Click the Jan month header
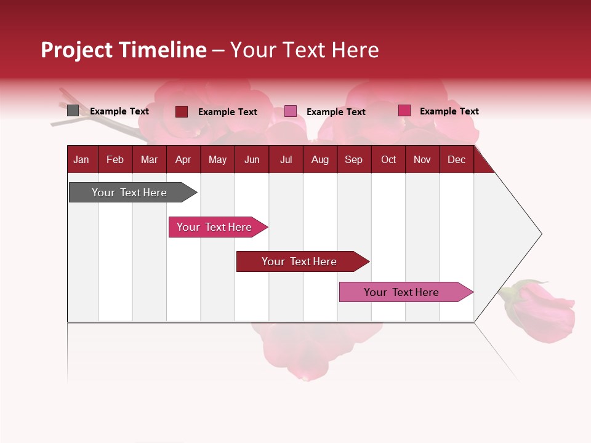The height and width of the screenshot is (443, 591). pyautogui.click(x=82, y=159)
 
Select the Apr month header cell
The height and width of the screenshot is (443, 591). pyautogui.click(x=183, y=159)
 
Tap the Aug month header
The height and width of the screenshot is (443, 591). pyautogui.click(x=320, y=159)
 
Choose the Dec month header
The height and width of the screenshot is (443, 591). pyautogui.click(x=456, y=159)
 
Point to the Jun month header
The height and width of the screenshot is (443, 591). pyautogui.click(x=252, y=159)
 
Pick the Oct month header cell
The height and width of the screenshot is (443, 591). pyautogui.click(x=388, y=159)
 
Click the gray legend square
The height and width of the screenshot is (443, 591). pyautogui.click(x=73, y=111)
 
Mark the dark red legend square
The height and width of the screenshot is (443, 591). pyautogui.click(x=182, y=111)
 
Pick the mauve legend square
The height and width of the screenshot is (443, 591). pyautogui.click(x=291, y=111)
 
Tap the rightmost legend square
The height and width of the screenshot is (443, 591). pyautogui.click(x=404, y=111)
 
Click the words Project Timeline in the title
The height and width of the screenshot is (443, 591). pyautogui.click(x=123, y=50)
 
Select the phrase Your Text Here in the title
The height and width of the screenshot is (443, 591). pyautogui.click(x=305, y=50)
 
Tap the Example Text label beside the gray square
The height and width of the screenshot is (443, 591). pyautogui.click(x=119, y=111)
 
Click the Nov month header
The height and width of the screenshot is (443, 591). pyautogui.click(x=422, y=159)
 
